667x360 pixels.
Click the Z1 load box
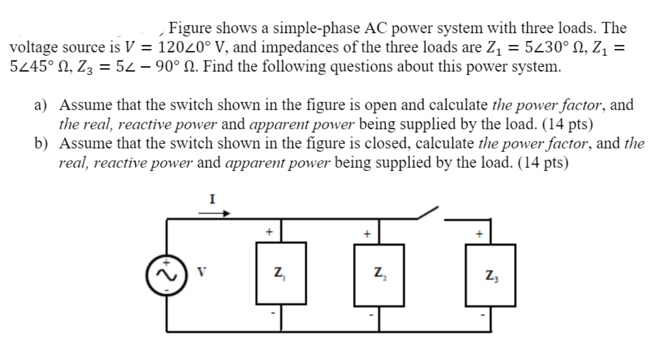click(281, 273)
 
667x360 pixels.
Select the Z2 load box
click(379, 274)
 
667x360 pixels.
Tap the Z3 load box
click(491, 275)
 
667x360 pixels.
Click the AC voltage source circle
click(167, 275)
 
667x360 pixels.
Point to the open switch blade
click(428, 213)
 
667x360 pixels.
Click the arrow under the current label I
click(214, 213)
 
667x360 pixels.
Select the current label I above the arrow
click(212, 199)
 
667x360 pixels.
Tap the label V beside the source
click(200, 272)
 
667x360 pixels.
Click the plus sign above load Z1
click(268, 232)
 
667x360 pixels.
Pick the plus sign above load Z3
click(480, 234)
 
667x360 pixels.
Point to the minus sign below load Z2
click(371, 315)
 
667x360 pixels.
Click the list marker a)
click(40, 105)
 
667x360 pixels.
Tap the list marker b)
click(41, 144)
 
